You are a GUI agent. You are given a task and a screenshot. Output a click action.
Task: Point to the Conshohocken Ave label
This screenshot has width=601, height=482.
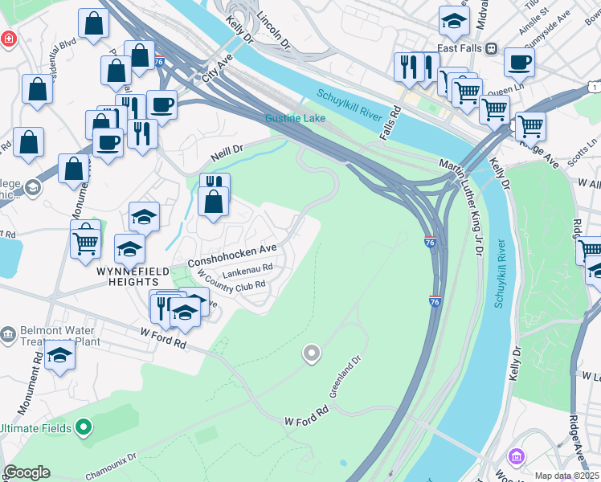(232, 256)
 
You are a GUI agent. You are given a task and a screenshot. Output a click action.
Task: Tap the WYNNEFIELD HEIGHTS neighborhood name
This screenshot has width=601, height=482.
(127, 277)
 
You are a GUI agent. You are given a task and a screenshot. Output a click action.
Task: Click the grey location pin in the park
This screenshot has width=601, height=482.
(311, 353)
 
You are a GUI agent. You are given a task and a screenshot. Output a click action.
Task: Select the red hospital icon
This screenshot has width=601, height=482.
(7, 38)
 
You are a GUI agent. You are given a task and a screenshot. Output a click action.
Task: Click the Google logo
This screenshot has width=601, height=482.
(27, 472)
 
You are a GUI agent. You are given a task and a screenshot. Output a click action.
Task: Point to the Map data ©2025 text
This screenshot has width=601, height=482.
(566, 476)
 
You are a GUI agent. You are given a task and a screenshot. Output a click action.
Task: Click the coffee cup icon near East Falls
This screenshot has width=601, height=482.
(518, 63)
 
